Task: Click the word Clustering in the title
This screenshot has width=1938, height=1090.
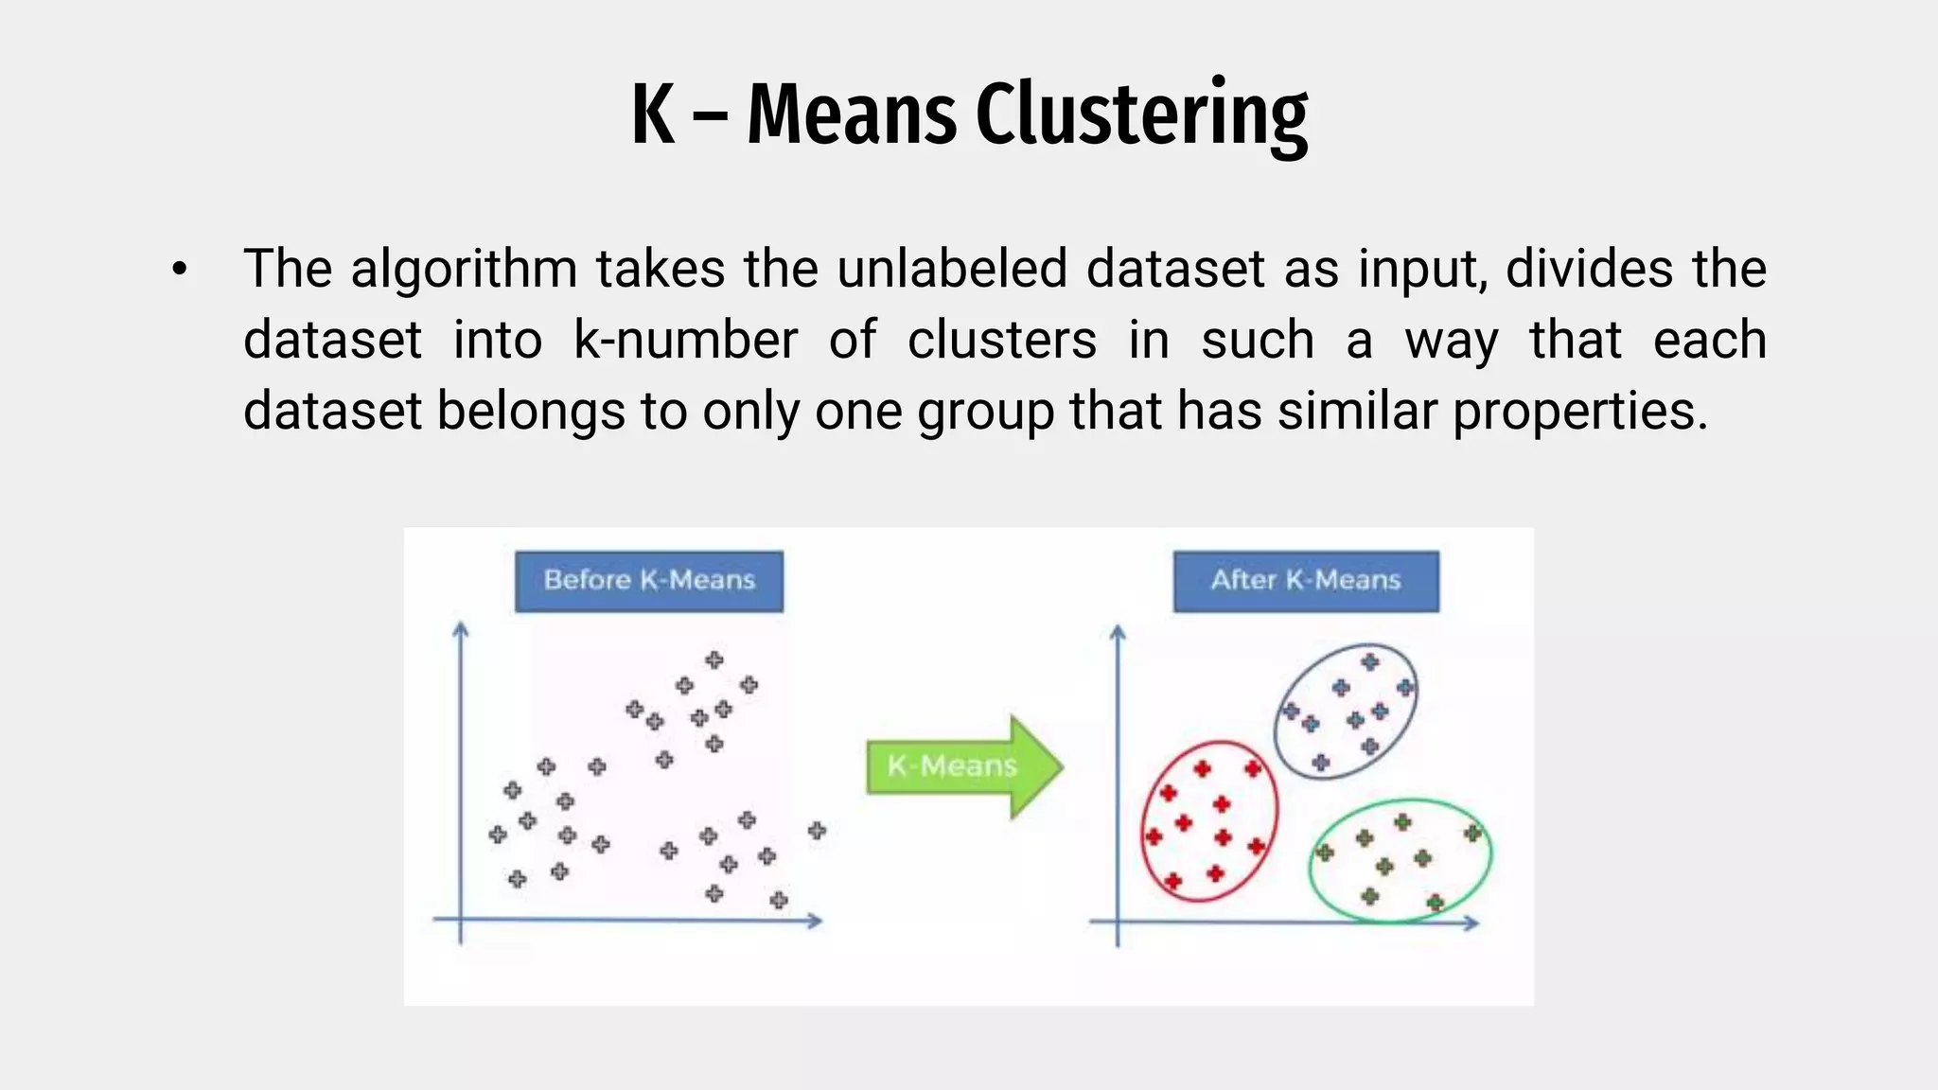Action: coord(1141,115)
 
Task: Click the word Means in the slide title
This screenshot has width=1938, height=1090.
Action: coord(852,115)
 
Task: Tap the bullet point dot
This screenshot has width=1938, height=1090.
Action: coord(180,271)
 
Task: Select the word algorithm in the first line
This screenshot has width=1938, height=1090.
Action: coord(464,270)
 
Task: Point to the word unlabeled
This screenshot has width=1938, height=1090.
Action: coord(952,269)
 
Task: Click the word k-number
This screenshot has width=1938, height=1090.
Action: coord(686,341)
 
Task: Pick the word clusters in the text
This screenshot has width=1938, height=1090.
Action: coord(1002,341)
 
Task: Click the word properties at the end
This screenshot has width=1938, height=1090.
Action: coord(1580,413)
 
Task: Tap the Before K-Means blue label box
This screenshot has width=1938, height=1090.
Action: coord(649,581)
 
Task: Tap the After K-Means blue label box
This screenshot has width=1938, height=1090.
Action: coord(1306,581)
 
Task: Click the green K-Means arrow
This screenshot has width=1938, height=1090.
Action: coord(963,765)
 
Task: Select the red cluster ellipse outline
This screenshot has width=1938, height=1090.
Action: coord(1143,821)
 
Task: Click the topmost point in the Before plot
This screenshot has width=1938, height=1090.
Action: coord(714,659)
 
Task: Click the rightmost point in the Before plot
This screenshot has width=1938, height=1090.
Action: coord(817,831)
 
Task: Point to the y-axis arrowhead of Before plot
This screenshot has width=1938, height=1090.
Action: coord(461,628)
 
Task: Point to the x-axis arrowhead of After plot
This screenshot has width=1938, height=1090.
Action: coord(1471,923)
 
